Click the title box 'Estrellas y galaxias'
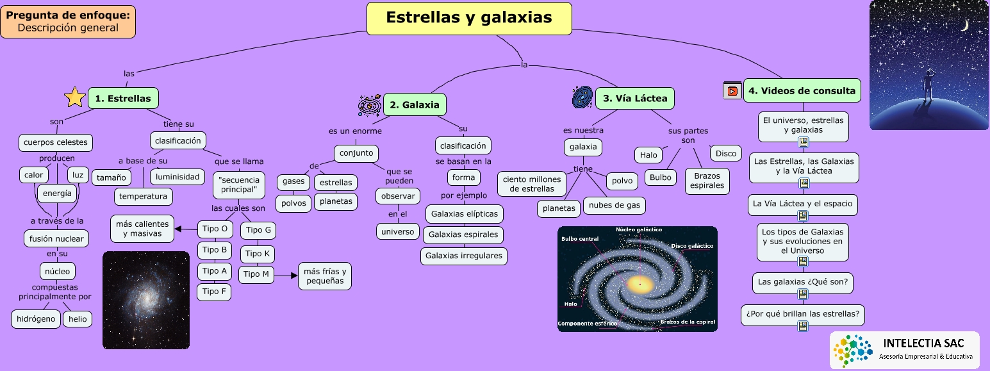(x=468, y=18)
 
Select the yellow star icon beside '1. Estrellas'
(x=75, y=97)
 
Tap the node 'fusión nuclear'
(x=56, y=238)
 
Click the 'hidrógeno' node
(x=36, y=318)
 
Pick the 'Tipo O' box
(x=215, y=229)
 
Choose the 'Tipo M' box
(x=257, y=274)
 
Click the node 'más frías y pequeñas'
(x=325, y=276)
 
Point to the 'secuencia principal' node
(x=238, y=185)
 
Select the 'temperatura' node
(x=144, y=196)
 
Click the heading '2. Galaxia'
(x=415, y=104)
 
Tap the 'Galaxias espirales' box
(x=463, y=235)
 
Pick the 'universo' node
(x=398, y=231)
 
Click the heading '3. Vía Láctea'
(x=635, y=98)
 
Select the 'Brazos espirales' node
(x=707, y=181)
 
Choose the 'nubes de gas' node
(x=615, y=206)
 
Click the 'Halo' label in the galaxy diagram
(x=570, y=304)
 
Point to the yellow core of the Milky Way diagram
(x=638, y=284)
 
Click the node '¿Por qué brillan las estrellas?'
(x=803, y=315)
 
